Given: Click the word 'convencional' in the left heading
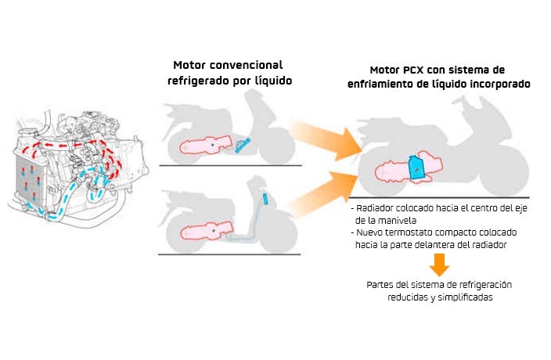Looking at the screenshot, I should pos(248,64).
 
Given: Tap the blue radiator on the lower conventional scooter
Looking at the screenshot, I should pos(265,199).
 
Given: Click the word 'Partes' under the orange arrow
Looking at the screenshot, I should pos(381,284).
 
